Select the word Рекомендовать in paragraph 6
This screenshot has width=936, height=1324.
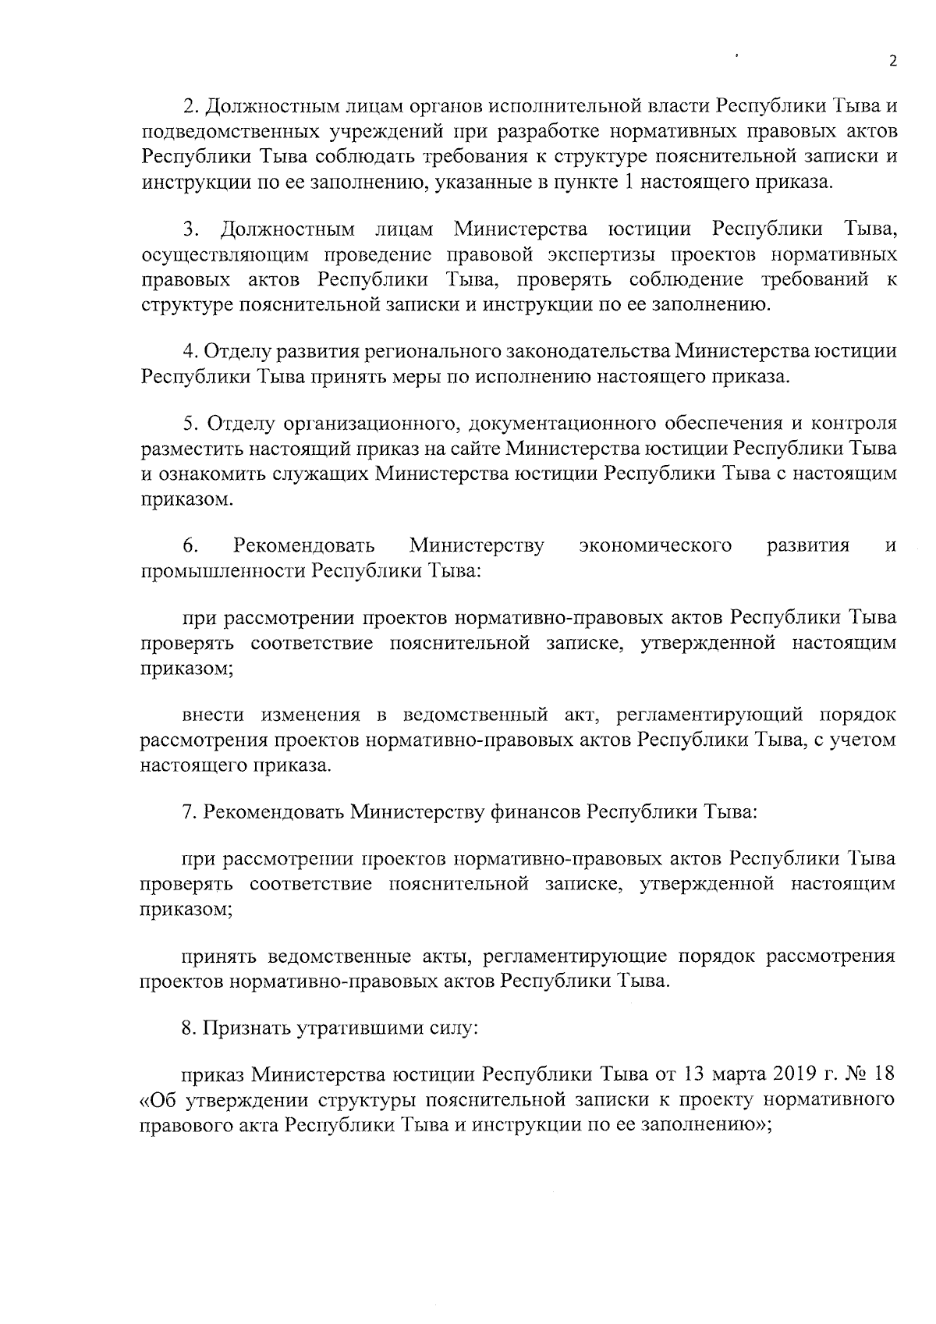point(304,545)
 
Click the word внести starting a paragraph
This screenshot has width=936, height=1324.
point(213,715)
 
